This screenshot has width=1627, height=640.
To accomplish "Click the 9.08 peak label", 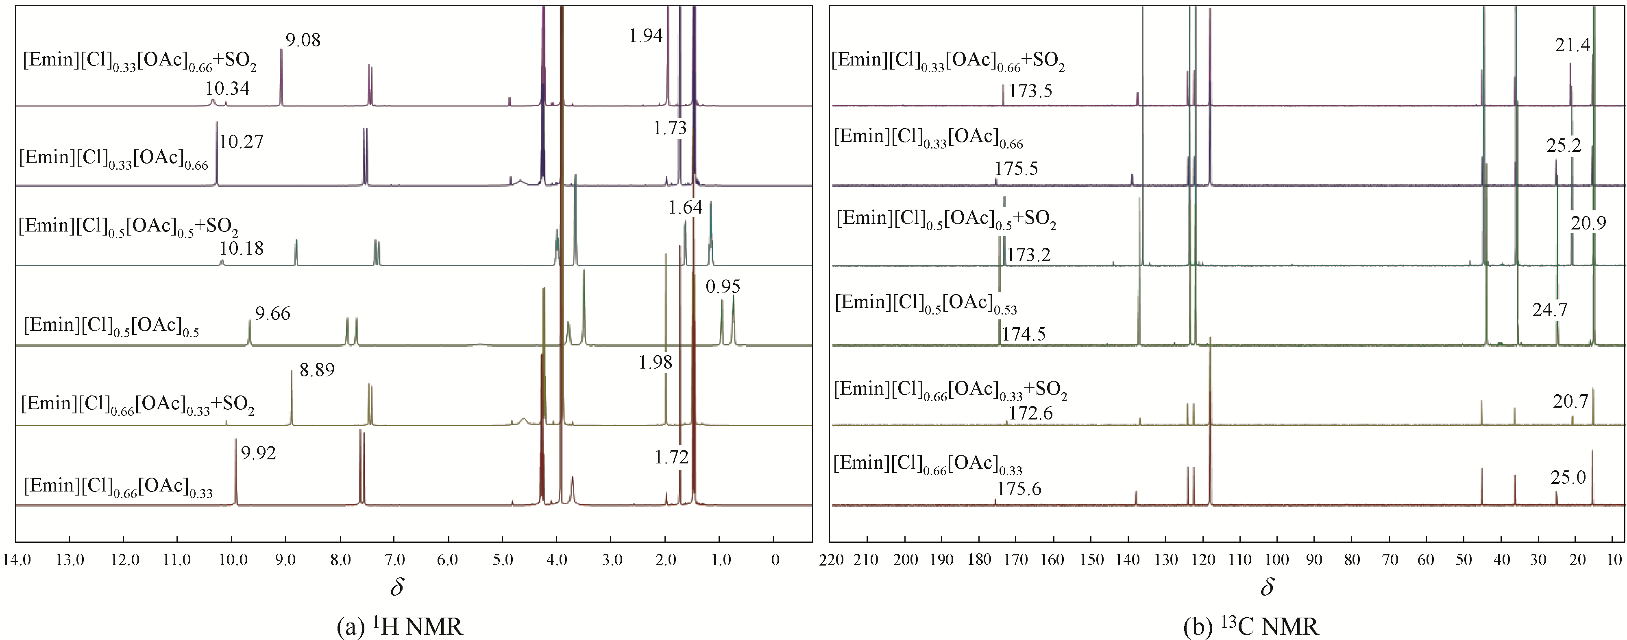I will pos(303,40).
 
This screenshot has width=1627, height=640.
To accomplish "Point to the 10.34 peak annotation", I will pos(227,88).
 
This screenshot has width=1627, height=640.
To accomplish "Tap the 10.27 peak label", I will pos(241,142).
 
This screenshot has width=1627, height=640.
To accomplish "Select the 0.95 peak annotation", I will pos(723,287).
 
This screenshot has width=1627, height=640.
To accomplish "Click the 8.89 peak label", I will pos(317,370).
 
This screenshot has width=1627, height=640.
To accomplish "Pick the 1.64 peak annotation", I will pos(685,208).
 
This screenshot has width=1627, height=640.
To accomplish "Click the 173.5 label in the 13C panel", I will pos(1030,91).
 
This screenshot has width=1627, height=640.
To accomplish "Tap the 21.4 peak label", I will pos(1572,46).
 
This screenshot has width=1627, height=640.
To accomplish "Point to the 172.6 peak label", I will pos(1031,413).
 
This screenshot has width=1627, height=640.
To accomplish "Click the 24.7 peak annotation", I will pos(1549,310).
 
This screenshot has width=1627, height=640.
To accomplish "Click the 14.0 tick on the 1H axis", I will pos(17,560).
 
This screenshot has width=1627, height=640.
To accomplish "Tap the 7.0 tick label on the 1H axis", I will pos(395,560).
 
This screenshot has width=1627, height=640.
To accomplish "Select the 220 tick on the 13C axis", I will pos(831,560).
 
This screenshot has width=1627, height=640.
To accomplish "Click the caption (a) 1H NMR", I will pos(400,627).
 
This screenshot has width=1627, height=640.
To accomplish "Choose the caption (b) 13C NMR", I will pos(1250,627).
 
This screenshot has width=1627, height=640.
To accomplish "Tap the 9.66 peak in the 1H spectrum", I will pos(250,332).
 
